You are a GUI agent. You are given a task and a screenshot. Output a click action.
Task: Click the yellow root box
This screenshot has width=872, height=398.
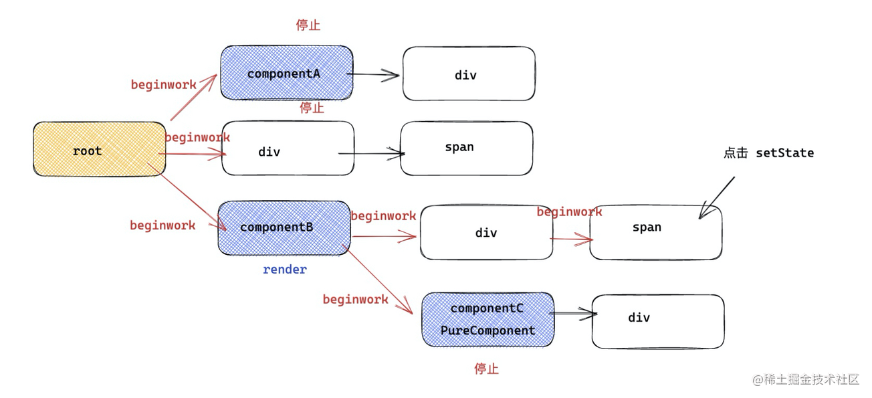click(99, 150)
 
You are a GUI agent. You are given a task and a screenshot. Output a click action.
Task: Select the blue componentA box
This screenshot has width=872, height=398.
click(286, 73)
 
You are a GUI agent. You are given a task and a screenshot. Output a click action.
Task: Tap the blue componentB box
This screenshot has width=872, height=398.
click(284, 227)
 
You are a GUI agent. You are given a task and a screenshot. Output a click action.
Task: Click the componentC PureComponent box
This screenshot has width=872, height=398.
click(487, 320)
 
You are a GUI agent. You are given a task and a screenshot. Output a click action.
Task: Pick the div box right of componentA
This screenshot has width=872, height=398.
click(468, 74)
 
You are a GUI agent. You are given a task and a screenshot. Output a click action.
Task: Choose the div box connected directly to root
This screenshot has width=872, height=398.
click(288, 149)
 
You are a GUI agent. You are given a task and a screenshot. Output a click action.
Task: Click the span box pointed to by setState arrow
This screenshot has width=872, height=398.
click(655, 232)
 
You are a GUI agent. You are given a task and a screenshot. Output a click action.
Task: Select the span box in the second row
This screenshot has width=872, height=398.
click(466, 148)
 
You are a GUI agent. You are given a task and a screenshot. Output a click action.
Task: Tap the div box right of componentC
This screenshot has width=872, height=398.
click(657, 321)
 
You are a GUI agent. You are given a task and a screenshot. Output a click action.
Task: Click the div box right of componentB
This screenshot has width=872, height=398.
click(486, 232)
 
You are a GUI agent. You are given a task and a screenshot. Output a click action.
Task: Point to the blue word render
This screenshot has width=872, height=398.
click(285, 270)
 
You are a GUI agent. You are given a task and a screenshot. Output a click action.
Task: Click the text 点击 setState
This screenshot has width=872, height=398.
click(768, 153)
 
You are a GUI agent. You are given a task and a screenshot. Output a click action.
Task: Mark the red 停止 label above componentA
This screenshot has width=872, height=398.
click(308, 25)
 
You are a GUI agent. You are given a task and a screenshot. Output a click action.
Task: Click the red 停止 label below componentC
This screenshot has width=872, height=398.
click(486, 369)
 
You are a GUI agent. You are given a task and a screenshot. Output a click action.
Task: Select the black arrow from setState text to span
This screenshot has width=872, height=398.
click(716, 198)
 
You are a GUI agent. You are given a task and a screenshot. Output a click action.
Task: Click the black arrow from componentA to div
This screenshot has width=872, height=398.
click(374, 75)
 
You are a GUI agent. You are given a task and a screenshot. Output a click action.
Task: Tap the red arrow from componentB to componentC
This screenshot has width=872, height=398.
click(378, 279)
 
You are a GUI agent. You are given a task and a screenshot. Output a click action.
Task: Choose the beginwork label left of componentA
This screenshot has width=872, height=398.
click(163, 85)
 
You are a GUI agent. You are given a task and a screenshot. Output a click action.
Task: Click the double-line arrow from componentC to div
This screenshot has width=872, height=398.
click(574, 313)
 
